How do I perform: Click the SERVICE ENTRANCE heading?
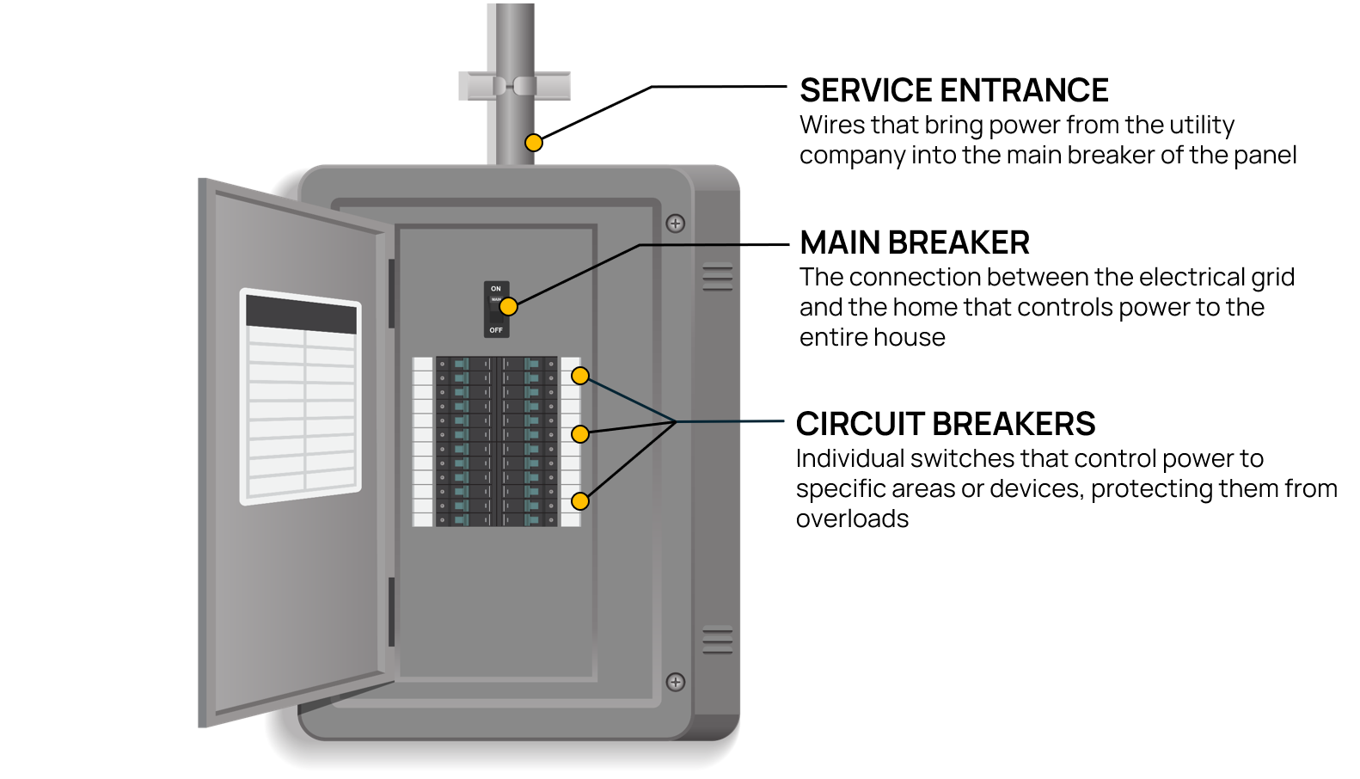(953, 90)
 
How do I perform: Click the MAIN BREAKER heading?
(914, 242)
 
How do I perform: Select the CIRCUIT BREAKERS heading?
(945, 424)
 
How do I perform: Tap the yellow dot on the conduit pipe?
(534, 143)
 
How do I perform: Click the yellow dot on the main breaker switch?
(509, 306)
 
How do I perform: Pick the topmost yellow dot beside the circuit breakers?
(580, 376)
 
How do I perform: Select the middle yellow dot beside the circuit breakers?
(580, 433)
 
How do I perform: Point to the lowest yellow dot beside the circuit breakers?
(580, 501)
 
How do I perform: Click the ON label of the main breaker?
(496, 289)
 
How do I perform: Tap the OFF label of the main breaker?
(496, 330)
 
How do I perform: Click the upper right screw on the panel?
(676, 224)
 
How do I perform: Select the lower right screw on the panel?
(676, 682)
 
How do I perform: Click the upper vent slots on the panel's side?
(718, 278)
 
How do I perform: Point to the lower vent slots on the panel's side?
(718, 641)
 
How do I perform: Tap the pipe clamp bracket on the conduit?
(514, 86)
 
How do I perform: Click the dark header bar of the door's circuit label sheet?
(301, 315)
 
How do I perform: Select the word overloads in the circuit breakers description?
(852, 519)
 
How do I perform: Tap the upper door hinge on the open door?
(391, 292)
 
